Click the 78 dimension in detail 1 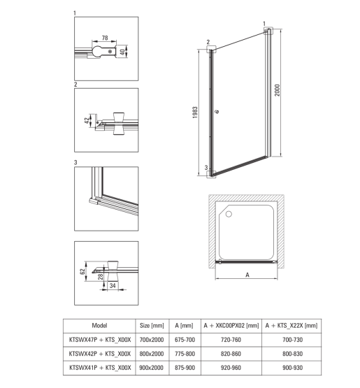[x=105, y=38]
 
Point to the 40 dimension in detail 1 [x=122, y=52]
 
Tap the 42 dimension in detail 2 [x=87, y=120]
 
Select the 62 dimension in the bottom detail [x=83, y=271]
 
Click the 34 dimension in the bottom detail [x=113, y=285]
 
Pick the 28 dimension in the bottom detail [x=101, y=276]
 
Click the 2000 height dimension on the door [x=278, y=90]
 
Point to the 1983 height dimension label [x=195, y=113]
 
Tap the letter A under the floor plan [x=247, y=275]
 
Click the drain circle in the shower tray [x=229, y=214]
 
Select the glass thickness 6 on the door [x=217, y=111]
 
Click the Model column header [x=99, y=325]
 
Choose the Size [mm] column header [x=152, y=326]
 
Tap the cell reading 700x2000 [x=152, y=340]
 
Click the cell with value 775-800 [x=185, y=354]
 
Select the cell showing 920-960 [x=231, y=368]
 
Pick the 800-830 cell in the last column [x=292, y=354]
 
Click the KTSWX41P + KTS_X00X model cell [x=100, y=368]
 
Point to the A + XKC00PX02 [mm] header [x=231, y=326]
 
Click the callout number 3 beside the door [x=206, y=168]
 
